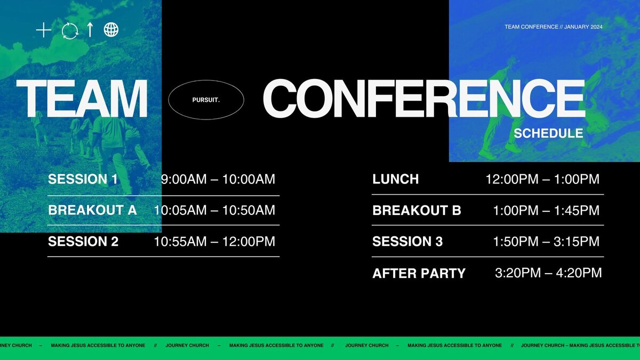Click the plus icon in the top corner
click(43, 30)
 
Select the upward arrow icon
click(90, 30)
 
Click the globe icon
click(111, 30)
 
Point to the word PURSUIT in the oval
click(206, 100)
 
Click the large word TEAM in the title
click(82, 98)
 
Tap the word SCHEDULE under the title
click(548, 133)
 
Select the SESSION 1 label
click(83, 179)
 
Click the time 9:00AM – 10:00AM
click(218, 179)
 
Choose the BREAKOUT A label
click(92, 210)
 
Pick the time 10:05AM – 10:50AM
click(214, 210)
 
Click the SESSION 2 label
click(83, 242)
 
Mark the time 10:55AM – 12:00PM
click(214, 242)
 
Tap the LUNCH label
click(395, 179)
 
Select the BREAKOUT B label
click(417, 210)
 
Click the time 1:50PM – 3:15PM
click(546, 242)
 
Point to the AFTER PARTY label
click(419, 273)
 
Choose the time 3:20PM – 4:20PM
click(548, 273)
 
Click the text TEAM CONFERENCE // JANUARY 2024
click(554, 27)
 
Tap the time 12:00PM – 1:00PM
click(542, 179)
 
